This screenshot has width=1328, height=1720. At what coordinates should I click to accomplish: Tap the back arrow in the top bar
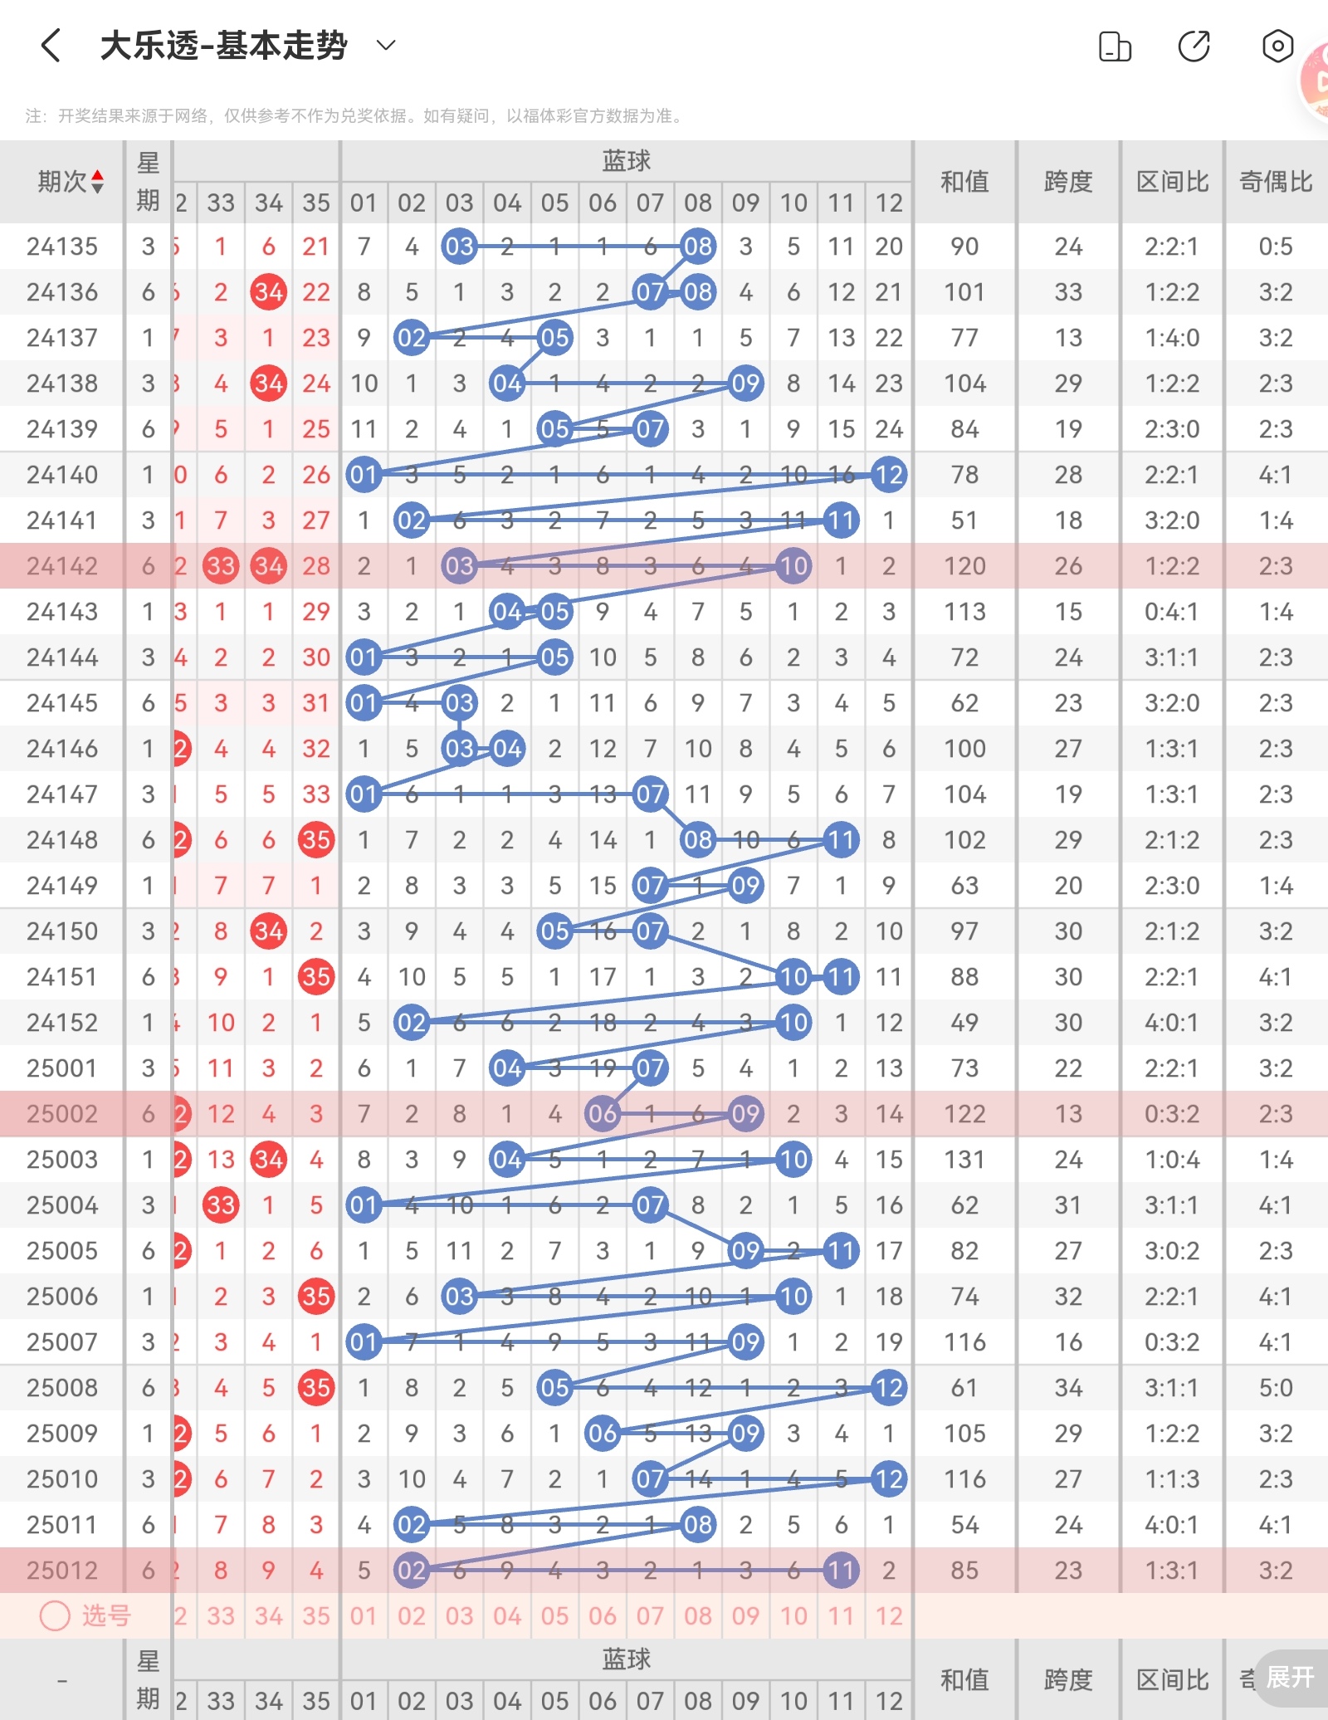pyautogui.click(x=51, y=45)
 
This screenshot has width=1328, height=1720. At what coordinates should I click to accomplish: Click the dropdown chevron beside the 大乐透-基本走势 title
pyautogui.click(x=386, y=45)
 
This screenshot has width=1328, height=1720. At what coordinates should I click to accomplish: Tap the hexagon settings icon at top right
pyautogui.click(x=1277, y=46)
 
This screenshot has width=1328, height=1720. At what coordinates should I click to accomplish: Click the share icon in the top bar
pyautogui.click(x=1194, y=46)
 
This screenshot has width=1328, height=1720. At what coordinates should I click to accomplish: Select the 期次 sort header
pyautogui.click(x=70, y=181)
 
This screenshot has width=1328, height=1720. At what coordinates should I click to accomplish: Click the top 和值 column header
pyautogui.click(x=964, y=181)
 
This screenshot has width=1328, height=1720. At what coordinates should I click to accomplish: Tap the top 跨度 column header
pyautogui.click(x=1068, y=181)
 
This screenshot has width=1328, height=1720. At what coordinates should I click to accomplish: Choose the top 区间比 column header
pyautogui.click(x=1172, y=181)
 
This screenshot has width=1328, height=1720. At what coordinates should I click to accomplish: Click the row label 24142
pyautogui.click(x=62, y=566)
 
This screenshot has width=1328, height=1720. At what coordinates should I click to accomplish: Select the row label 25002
pyautogui.click(x=62, y=1114)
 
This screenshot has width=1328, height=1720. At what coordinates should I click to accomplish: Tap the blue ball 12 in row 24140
pyautogui.click(x=889, y=475)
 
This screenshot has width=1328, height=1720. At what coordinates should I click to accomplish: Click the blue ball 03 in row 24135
pyautogui.click(x=459, y=247)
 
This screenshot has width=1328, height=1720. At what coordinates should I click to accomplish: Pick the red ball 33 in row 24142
pyautogui.click(x=221, y=566)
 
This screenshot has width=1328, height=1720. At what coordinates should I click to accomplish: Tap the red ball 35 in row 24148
pyautogui.click(x=316, y=840)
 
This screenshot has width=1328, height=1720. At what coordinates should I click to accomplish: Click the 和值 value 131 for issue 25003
pyautogui.click(x=964, y=1160)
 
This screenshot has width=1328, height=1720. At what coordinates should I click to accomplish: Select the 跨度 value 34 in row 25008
pyautogui.click(x=1068, y=1388)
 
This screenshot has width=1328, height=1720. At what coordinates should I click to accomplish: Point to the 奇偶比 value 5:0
pyautogui.click(x=1276, y=1388)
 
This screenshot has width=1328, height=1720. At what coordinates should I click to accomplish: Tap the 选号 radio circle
pyautogui.click(x=56, y=1615)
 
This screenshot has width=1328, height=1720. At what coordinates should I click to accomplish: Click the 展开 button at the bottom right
pyautogui.click(x=1290, y=1677)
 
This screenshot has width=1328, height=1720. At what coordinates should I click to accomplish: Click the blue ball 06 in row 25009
pyautogui.click(x=603, y=1434)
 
